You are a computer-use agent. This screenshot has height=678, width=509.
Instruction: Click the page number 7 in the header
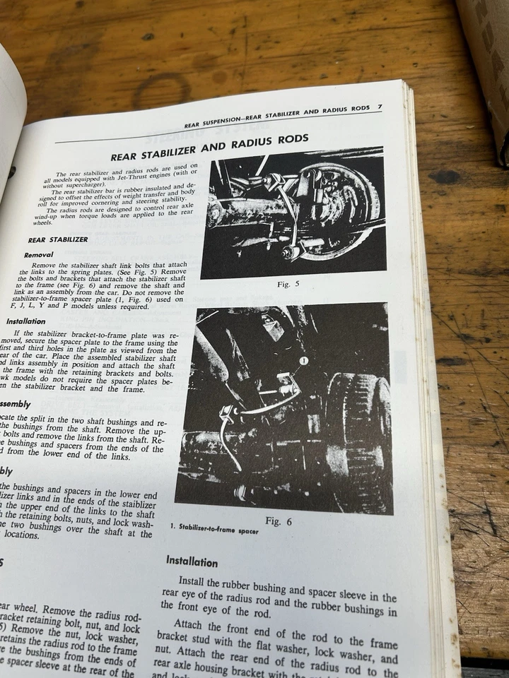point(380,107)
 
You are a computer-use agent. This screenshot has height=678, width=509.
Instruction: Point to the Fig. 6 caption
point(279,521)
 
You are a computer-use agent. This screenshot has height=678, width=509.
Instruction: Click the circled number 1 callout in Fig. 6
point(303,361)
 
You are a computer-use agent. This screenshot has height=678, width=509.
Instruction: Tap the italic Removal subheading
point(39,254)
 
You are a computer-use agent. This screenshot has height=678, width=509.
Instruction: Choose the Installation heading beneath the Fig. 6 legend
point(191,561)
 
